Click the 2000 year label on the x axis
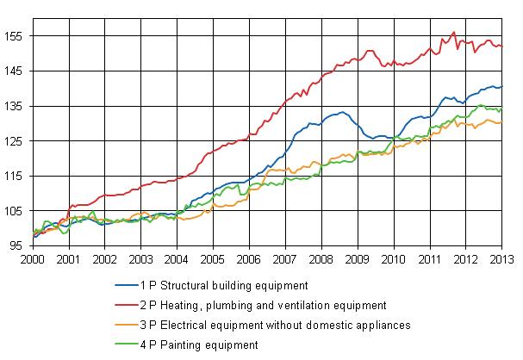coord(33,258)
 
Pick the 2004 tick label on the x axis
coord(177,258)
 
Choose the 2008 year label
coord(321,258)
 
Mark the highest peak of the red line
coord(454,32)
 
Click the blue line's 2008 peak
coord(342,112)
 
